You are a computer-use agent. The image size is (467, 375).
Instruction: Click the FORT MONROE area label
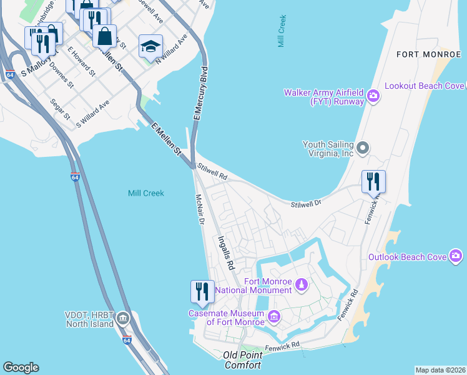(x=428, y=54)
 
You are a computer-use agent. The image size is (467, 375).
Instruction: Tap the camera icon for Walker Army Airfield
(x=373, y=96)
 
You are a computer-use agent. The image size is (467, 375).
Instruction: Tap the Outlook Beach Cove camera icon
(x=456, y=256)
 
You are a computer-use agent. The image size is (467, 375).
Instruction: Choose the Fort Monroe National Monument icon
(x=302, y=285)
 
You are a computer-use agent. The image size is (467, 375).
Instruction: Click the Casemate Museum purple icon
(x=273, y=317)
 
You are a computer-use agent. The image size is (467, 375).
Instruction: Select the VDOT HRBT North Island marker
(x=124, y=319)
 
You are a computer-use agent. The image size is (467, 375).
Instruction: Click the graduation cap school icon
(x=149, y=46)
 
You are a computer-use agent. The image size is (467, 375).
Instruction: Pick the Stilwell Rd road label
(x=211, y=172)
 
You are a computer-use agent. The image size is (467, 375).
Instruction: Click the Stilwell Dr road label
(x=305, y=204)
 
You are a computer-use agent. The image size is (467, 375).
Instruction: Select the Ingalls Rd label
(x=225, y=252)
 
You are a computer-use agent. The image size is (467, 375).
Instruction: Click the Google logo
(x=21, y=367)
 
